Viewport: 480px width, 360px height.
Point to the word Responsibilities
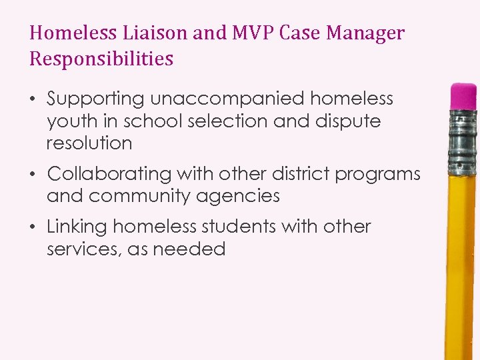[101, 59]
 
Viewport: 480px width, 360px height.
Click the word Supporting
[95, 99]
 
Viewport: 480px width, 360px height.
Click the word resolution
[89, 143]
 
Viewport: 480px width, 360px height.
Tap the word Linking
[77, 227]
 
